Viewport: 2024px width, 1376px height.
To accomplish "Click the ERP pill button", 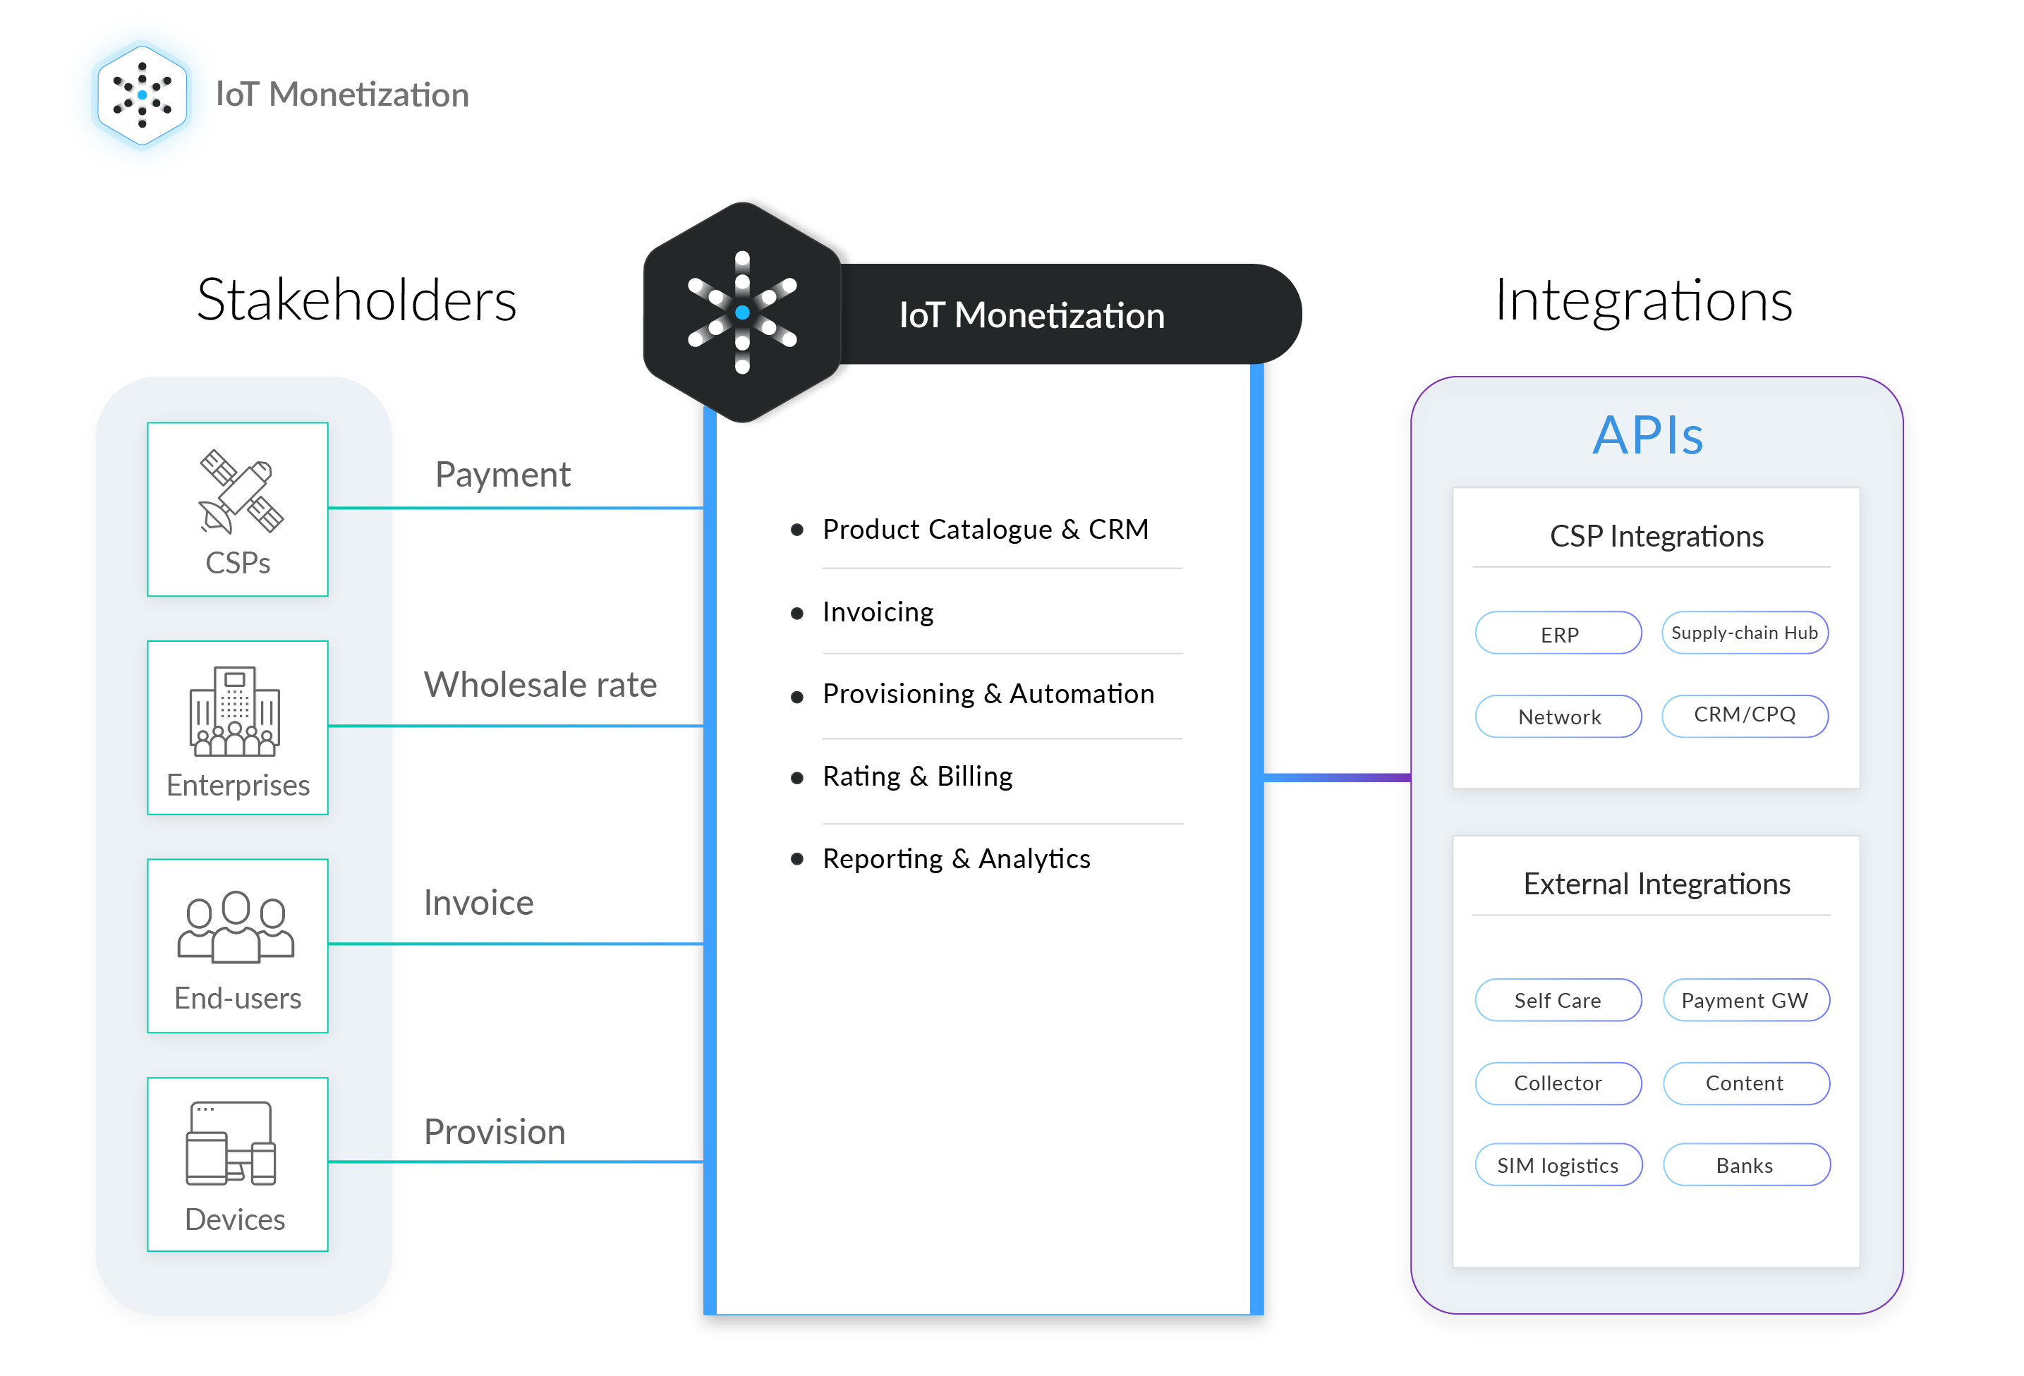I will click(1558, 633).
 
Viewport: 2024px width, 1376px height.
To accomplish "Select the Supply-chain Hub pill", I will click(1745, 633).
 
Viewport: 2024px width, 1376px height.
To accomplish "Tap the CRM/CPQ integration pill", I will click(1745, 715).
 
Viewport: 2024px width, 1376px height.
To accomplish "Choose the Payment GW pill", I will click(1745, 1000).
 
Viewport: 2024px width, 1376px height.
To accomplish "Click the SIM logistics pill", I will click(1558, 1165).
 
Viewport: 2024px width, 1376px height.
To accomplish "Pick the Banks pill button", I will click(1745, 1165).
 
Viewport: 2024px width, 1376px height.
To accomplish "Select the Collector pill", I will click(1558, 1083).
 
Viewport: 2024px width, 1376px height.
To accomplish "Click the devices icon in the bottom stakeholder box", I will click(231, 1143).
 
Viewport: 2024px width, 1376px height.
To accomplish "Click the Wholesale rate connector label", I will click(540, 685).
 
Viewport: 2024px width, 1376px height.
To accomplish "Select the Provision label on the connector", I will click(494, 1131).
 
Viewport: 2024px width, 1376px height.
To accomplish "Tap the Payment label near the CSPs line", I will click(502, 475).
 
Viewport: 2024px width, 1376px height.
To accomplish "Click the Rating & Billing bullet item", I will click(917, 776).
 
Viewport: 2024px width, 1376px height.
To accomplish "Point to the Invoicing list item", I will click(878, 612).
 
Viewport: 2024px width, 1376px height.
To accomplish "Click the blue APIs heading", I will click(1648, 434).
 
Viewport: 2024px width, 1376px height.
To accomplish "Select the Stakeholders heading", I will click(356, 300).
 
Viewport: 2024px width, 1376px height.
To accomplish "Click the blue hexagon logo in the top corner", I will click(142, 95).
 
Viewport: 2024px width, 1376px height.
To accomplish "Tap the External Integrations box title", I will click(1656, 884).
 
